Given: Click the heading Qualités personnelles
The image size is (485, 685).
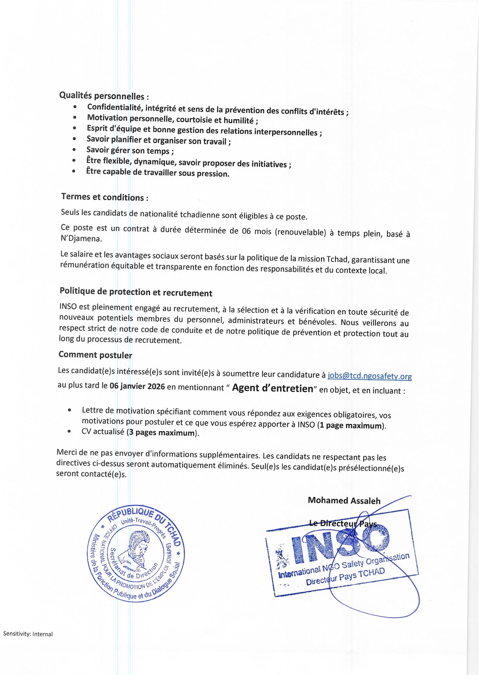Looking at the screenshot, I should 104,96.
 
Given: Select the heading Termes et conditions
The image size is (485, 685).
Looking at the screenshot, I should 104,197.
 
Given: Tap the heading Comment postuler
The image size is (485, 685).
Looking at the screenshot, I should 95,355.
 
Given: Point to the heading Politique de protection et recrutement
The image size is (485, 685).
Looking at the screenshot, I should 136,292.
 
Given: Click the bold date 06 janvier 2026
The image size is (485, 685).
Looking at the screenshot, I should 137,386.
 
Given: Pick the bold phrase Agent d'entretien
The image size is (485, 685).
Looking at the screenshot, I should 272,388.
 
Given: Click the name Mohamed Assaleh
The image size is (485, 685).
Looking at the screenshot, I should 344,500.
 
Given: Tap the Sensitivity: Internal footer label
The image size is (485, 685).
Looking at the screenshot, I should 28,634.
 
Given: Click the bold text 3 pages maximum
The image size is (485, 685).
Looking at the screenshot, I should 162,433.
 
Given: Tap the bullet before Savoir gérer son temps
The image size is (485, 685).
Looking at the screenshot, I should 74,149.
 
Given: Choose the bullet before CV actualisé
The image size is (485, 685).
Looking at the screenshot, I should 69,431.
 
